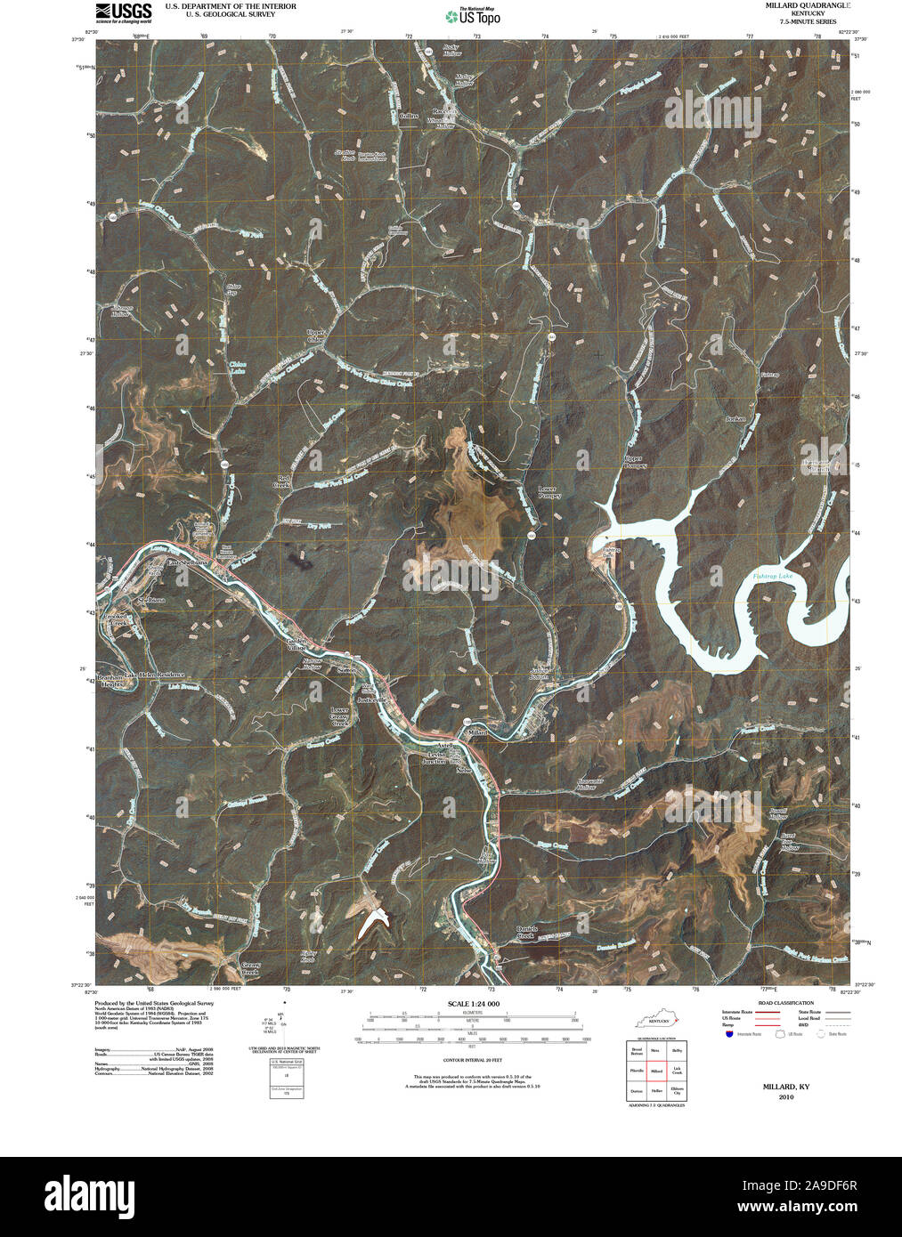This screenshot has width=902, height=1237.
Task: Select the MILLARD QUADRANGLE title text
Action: [x=799, y=5]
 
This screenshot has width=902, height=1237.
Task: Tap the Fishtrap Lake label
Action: [x=771, y=578]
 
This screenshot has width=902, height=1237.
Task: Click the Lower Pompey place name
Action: [x=549, y=492]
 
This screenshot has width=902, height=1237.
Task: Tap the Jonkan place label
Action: [x=735, y=418]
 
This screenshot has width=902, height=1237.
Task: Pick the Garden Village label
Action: [x=296, y=644]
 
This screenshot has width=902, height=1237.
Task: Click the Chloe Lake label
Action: [x=237, y=367]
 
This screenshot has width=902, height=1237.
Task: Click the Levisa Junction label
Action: [x=435, y=757]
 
